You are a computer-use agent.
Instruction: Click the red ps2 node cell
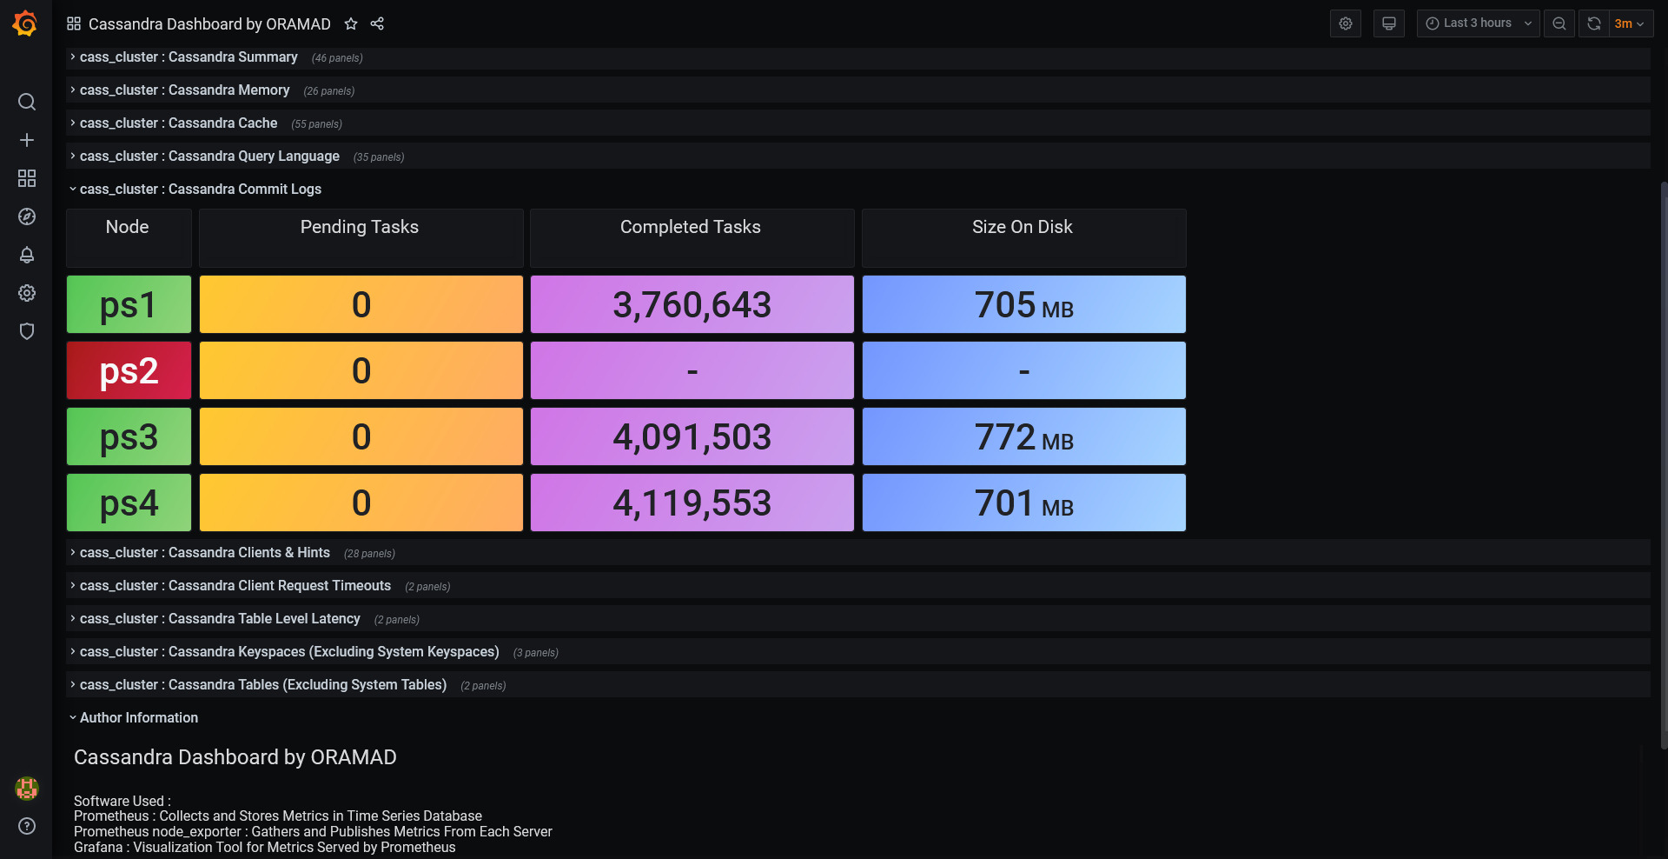point(129,370)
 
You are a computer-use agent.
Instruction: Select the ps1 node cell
point(129,304)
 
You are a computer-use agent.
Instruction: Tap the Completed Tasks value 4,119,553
point(692,503)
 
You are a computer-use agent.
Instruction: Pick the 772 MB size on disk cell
point(1023,436)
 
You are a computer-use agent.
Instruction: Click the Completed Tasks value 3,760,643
point(692,304)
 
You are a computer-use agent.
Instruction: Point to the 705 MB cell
point(1023,304)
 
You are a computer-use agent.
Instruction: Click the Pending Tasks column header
point(360,227)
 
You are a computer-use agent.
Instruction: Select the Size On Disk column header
point(1023,227)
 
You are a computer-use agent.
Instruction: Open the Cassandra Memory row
point(185,90)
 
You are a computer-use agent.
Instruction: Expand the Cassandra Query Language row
point(209,156)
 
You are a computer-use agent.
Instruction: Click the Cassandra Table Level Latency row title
point(220,619)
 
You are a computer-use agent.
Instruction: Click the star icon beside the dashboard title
point(351,23)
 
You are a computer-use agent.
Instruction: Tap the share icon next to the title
point(377,23)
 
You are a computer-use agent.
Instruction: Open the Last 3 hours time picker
point(1478,23)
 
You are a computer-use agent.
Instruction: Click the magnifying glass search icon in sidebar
point(27,102)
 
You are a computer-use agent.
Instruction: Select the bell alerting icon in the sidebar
point(27,255)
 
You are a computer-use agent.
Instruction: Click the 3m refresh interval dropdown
point(1630,23)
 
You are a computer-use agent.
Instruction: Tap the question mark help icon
point(27,826)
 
